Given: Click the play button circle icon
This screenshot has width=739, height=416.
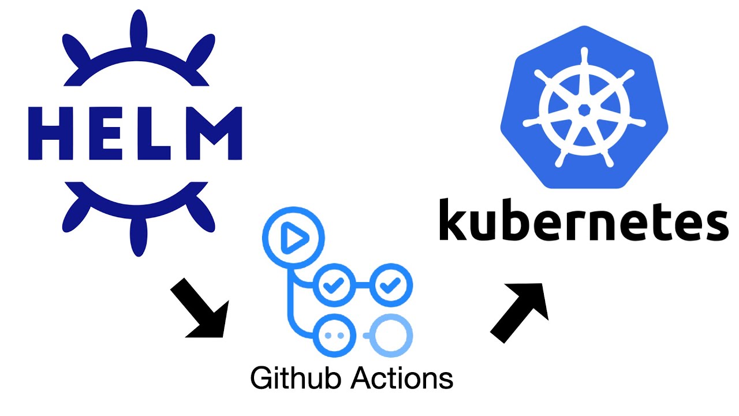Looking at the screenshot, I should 293,237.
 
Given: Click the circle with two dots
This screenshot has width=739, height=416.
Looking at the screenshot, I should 335,335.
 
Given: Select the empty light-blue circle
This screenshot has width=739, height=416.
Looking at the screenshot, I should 393,335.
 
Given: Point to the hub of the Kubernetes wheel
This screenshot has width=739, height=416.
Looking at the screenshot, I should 584,109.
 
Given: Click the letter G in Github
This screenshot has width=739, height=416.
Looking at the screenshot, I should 262,378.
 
